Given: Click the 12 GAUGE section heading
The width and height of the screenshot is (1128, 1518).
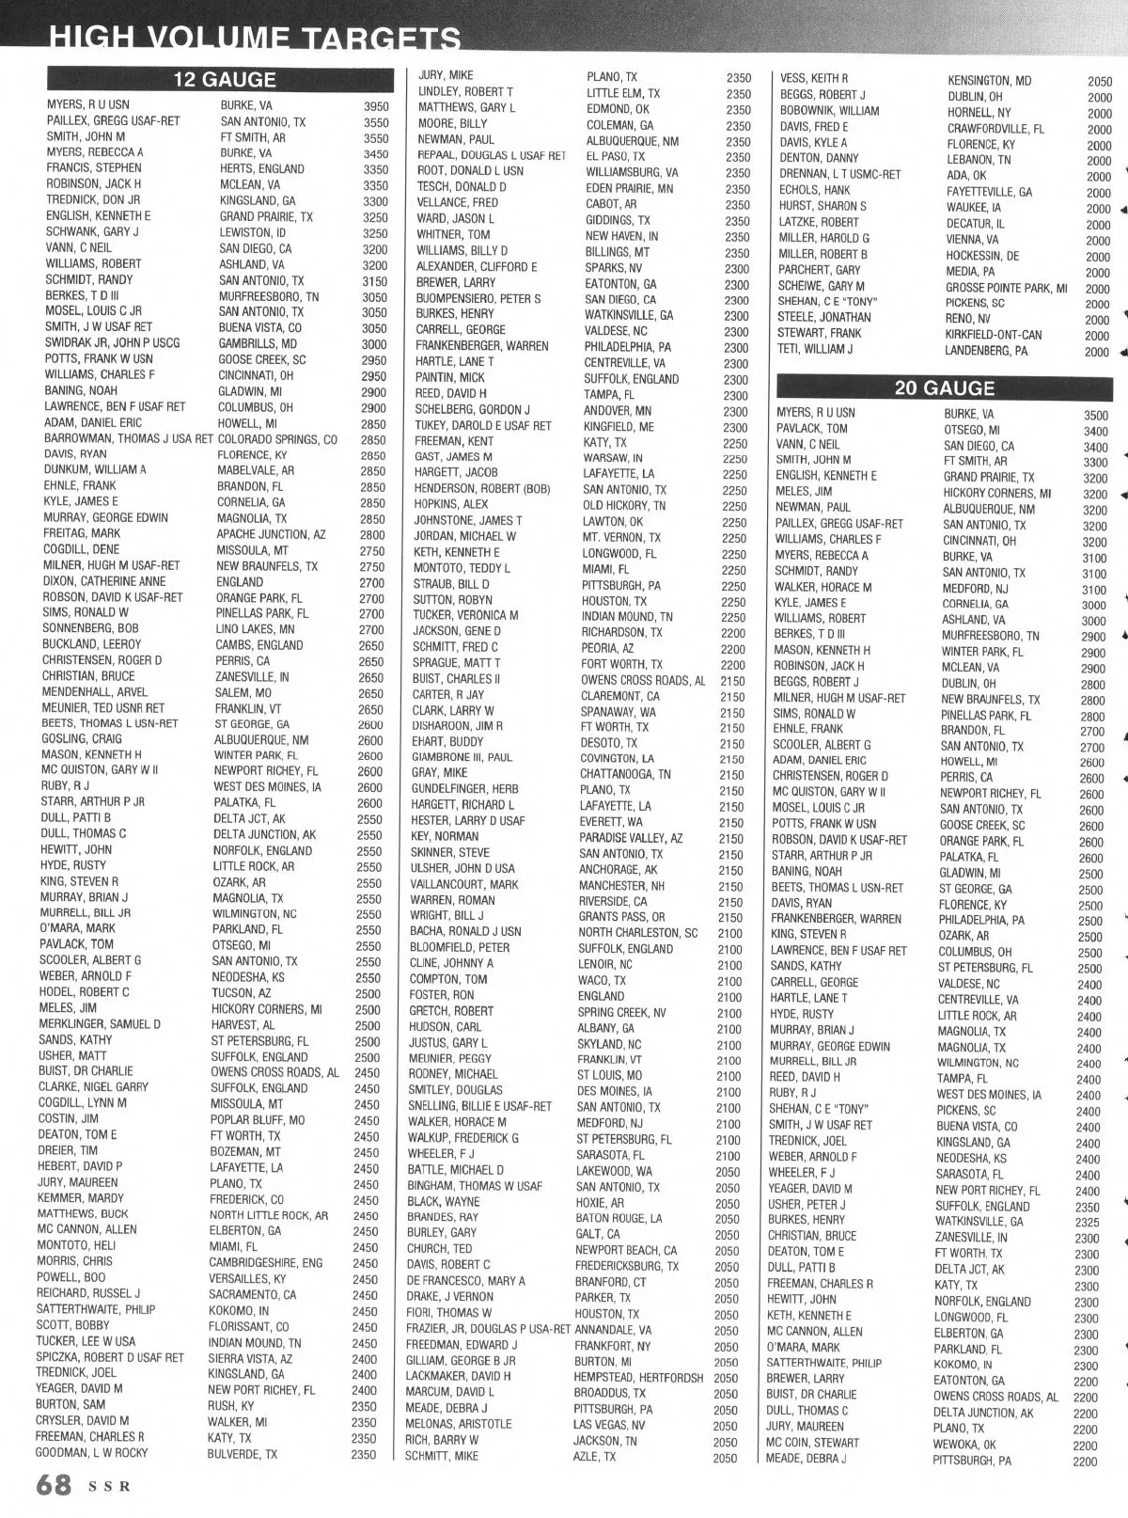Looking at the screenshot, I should [224, 80].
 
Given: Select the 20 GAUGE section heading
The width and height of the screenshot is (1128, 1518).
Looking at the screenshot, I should [944, 387].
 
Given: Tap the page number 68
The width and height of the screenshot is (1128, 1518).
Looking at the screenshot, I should [54, 1486].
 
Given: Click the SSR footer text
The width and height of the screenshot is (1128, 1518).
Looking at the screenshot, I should [110, 1488].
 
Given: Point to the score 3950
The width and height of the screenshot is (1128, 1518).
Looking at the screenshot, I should [376, 106].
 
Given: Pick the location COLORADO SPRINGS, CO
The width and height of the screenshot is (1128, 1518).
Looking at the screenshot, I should [277, 439].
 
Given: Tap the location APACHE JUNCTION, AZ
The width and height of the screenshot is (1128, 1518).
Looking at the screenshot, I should [271, 534].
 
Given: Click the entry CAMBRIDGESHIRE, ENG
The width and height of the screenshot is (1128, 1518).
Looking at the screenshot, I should [265, 1263].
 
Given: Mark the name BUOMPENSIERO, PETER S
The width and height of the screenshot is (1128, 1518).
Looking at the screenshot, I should [478, 299].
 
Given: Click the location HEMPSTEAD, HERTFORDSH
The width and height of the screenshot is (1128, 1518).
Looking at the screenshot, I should [638, 1377].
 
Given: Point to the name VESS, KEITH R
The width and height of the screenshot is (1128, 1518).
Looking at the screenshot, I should [814, 78].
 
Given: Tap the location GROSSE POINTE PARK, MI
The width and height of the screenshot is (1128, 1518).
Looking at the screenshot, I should [1006, 288].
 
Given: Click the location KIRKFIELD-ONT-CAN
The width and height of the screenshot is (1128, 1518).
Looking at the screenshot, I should [993, 335].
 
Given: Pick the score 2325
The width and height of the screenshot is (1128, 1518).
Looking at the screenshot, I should [1088, 1223].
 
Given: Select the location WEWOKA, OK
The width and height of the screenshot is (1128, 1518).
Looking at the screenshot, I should [964, 1445].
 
